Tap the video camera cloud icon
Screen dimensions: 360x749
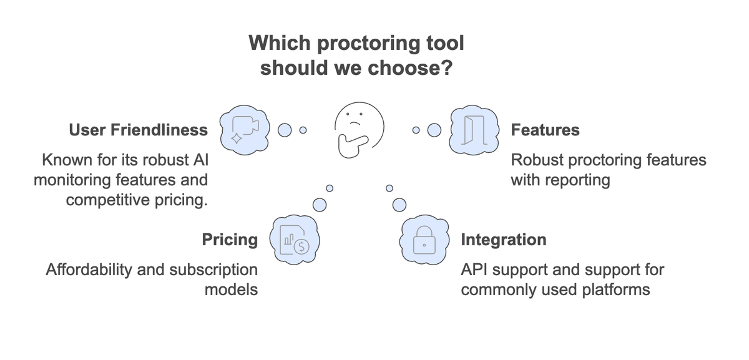tap(244, 129)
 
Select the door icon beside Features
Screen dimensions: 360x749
tap(474, 129)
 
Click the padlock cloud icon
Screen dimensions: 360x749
tap(424, 240)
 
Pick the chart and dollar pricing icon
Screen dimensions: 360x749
tap(294, 240)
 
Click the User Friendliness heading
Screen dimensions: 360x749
tap(138, 130)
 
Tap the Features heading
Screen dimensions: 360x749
tap(545, 130)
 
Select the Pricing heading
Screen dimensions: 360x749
tap(230, 240)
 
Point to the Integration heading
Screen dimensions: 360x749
tap(503, 240)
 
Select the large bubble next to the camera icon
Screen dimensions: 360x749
tap(285, 130)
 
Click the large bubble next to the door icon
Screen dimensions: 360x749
tap(434, 130)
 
